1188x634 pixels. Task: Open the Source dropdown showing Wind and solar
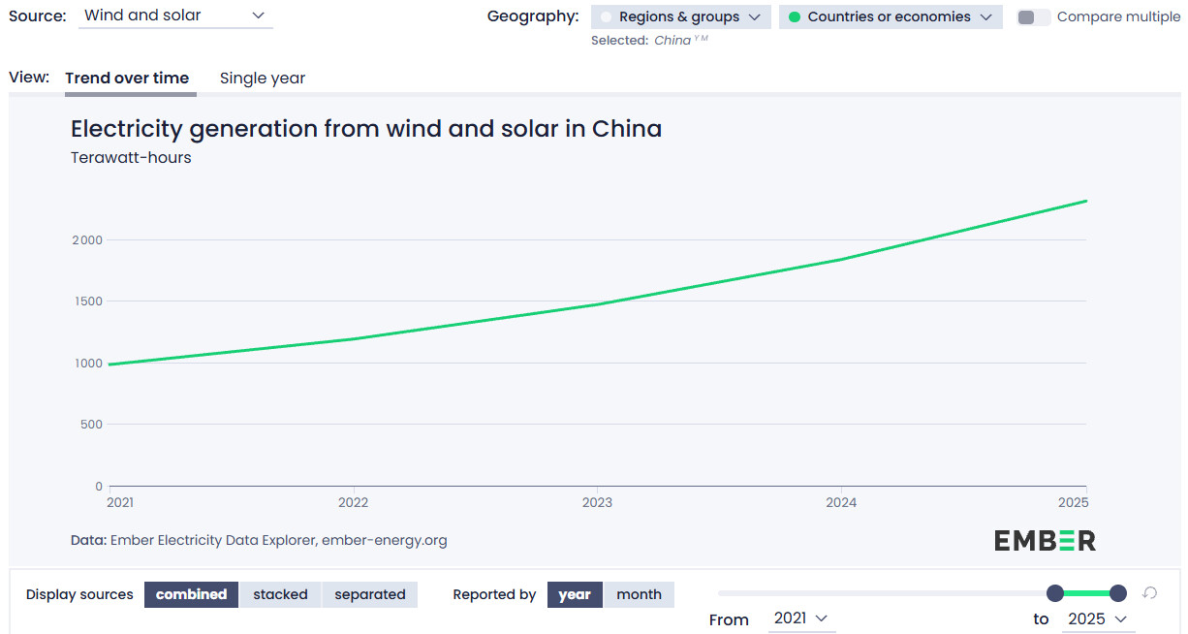click(x=175, y=16)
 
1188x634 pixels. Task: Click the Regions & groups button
click(x=681, y=17)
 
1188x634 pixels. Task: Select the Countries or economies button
click(x=891, y=17)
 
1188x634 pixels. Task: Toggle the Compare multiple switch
click(x=1033, y=17)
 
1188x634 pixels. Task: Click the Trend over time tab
click(x=127, y=78)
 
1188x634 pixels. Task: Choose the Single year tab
click(x=263, y=78)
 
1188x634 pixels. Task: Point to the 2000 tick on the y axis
click(x=87, y=240)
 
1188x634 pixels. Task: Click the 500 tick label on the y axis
click(x=91, y=425)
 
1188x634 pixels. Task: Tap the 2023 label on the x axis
click(x=597, y=502)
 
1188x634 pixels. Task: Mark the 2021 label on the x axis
click(x=120, y=502)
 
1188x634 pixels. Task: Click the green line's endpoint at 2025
click(x=1086, y=201)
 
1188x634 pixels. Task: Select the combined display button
click(x=192, y=594)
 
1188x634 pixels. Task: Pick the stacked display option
click(x=281, y=594)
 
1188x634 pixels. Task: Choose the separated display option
click(x=369, y=594)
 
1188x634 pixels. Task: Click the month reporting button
click(x=640, y=594)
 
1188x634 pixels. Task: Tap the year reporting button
click(x=575, y=594)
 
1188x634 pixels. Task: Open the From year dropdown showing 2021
click(x=801, y=618)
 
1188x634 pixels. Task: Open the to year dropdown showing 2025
click(x=1098, y=619)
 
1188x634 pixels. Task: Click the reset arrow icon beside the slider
click(x=1150, y=592)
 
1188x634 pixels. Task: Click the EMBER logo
click(x=1045, y=541)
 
